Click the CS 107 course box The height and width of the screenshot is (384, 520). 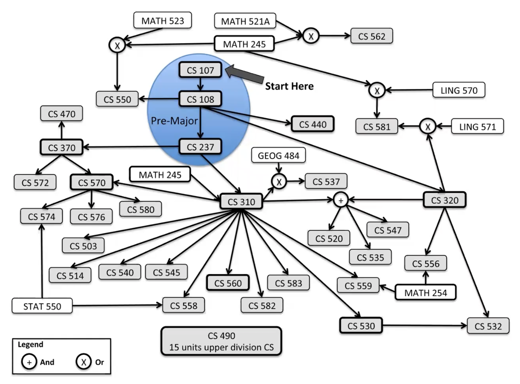(x=200, y=70)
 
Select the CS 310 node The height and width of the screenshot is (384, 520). (x=241, y=202)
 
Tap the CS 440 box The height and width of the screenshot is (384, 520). (x=312, y=124)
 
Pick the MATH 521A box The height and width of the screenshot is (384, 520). (x=245, y=21)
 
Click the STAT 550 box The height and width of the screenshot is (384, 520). (x=42, y=306)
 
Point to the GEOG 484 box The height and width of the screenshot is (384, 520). (x=278, y=155)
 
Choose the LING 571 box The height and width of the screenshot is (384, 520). (x=477, y=127)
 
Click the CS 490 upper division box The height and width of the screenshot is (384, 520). (x=221, y=341)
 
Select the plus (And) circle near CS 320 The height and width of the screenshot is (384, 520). (x=341, y=200)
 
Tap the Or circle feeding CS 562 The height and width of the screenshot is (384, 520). (x=311, y=36)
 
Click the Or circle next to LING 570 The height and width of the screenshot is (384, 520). (x=377, y=91)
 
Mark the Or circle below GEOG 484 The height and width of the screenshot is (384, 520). (x=279, y=181)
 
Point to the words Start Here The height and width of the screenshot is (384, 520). (x=289, y=86)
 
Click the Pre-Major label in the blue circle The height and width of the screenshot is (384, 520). (x=174, y=121)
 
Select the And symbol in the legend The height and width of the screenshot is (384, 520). (x=29, y=362)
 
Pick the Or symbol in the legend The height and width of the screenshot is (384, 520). (x=84, y=362)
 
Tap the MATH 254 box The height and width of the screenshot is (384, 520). (x=425, y=292)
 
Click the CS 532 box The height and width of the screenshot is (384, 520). (x=488, y=326)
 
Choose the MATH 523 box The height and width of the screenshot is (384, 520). (x=163, y=20)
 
